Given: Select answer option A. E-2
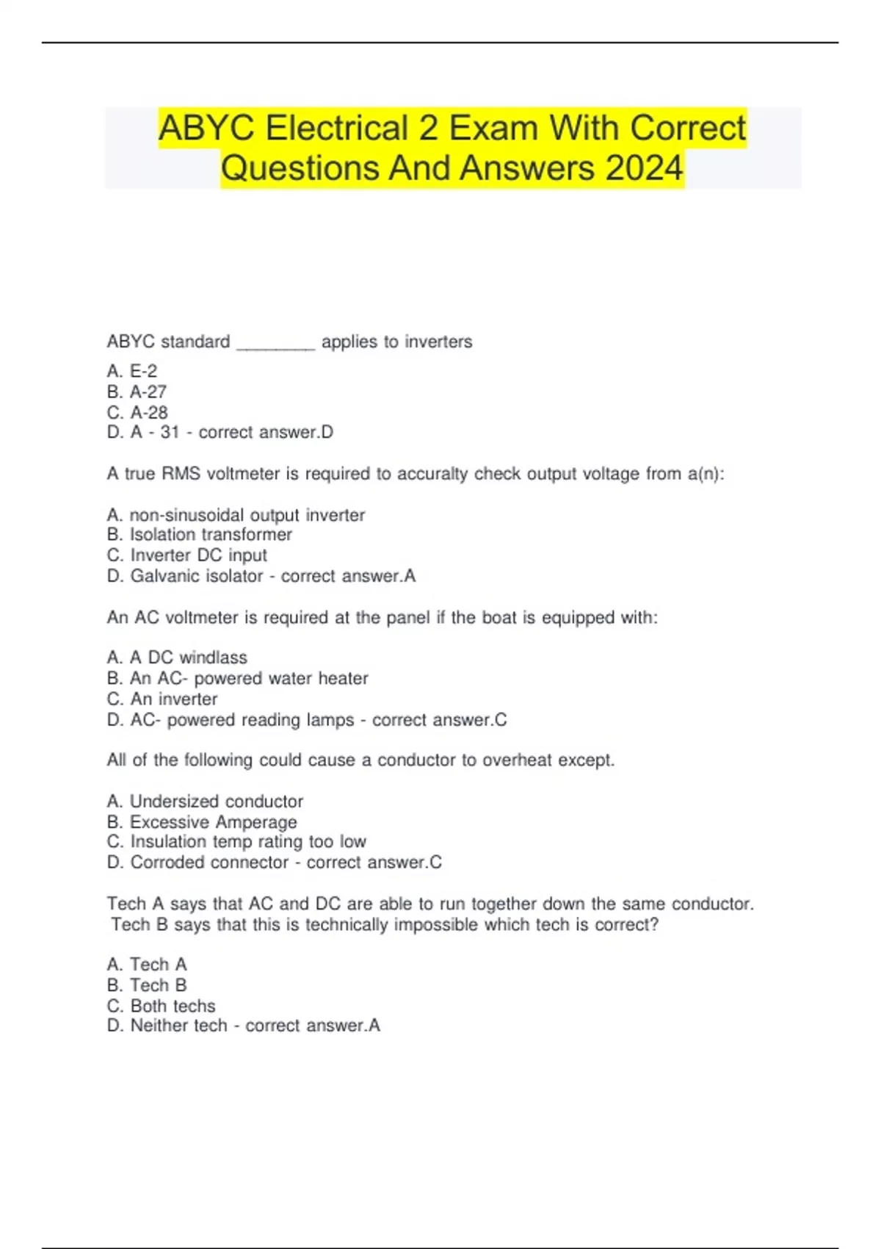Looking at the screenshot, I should [132, 371].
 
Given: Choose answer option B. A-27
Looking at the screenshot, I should [137, 392].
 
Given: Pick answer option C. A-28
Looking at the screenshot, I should [137, 412].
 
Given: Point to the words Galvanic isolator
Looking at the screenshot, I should [196, 576].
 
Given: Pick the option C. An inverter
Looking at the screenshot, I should [162, 699].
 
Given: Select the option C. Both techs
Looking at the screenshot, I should [162, 1006].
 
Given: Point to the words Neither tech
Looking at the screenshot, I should [178, 1026].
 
